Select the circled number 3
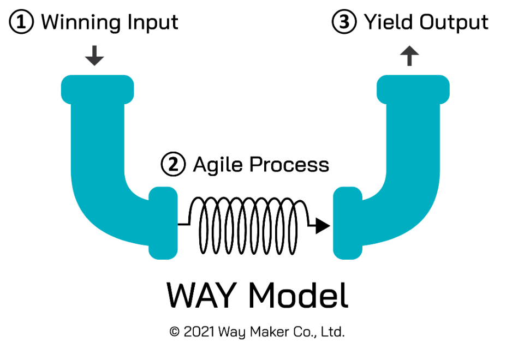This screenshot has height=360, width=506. click(344, 23)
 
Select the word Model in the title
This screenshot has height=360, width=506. click(298, 296)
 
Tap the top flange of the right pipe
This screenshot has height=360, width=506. click(413, 88)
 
